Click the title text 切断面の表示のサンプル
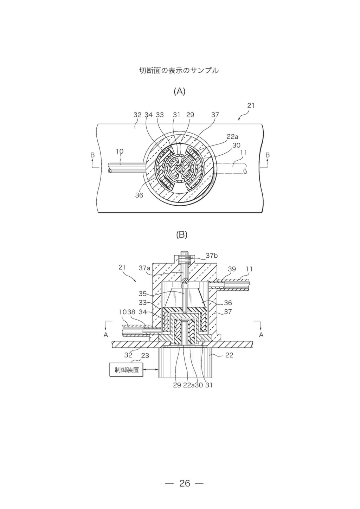[x=179, y=71]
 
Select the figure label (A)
[x=180, y=91]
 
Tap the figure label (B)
[x=182, y=235]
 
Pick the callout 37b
[x=212, y=256]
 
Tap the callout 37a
[x=145, y=268]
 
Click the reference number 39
[x=232, y=269]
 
